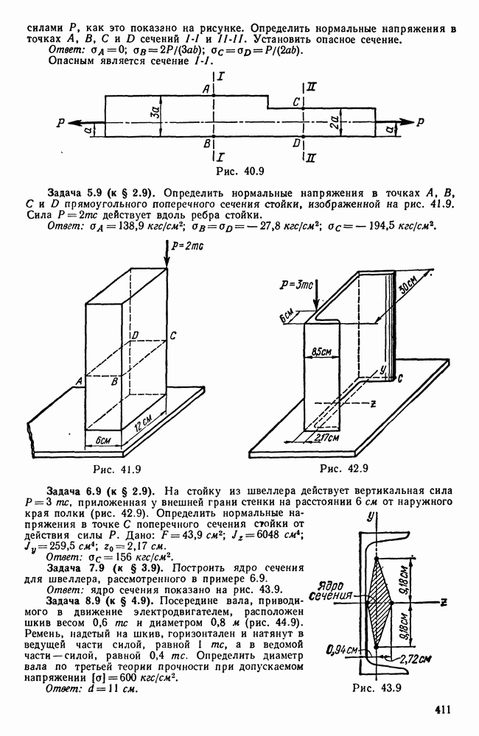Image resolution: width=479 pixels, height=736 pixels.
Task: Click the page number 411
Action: point(442,710)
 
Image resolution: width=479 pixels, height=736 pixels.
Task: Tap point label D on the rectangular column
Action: point(133,336)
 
